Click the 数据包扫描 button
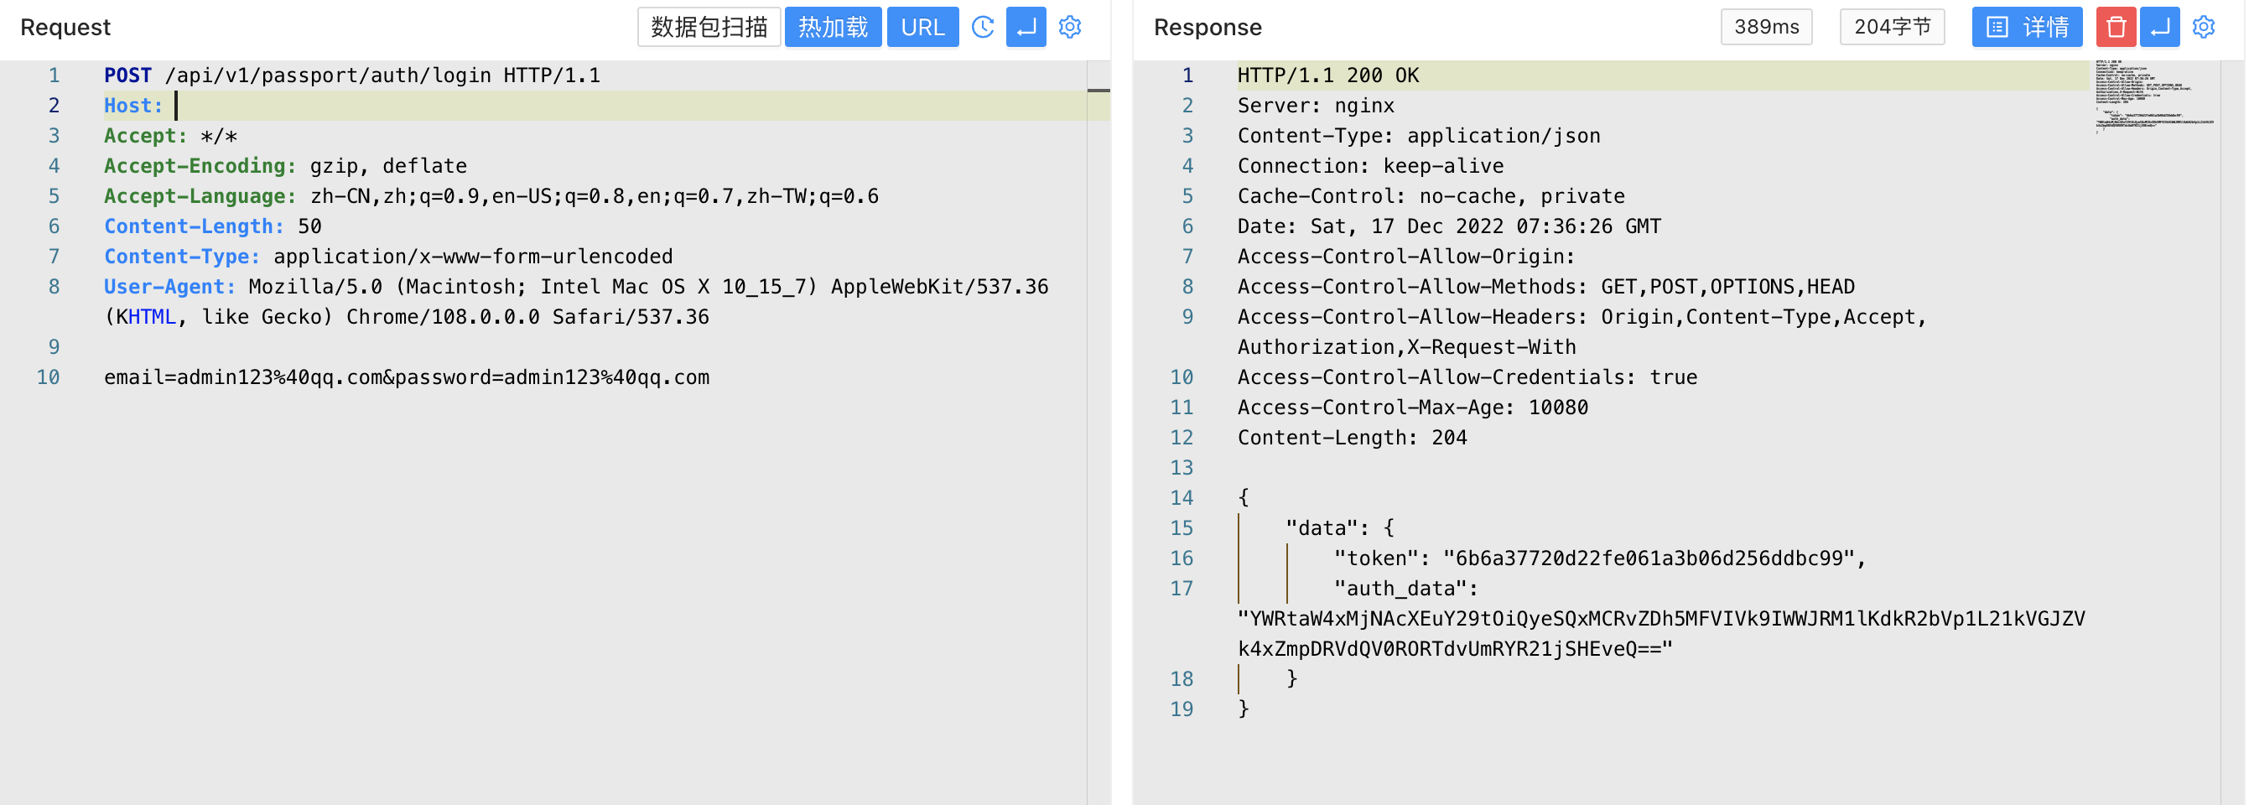point(708,27)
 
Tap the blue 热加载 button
point(832,27)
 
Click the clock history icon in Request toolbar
point(982,27)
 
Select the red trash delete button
point(2115,27)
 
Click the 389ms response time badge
point(1765,27)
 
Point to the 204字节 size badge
point(1891,27)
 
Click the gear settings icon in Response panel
point(2203,27)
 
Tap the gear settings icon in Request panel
point(1069,27)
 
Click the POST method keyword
point(127,76)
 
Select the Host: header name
point(132,106)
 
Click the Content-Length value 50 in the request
point(309,227)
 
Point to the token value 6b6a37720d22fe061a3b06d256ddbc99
point(1649,558)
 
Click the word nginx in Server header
point(1363,106)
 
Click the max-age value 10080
point(1557,408)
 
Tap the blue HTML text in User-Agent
point(152,317)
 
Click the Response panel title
point(1208,27)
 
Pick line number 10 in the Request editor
point(48,377)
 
